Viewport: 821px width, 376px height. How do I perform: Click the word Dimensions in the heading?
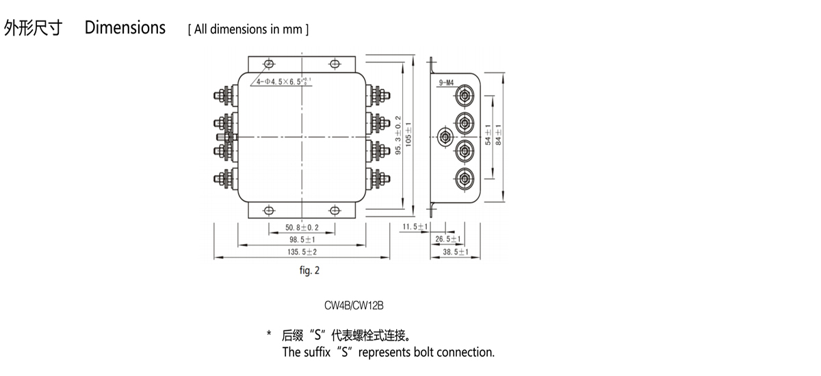(125, 28)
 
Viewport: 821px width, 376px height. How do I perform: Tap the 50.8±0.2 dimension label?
(302, 228)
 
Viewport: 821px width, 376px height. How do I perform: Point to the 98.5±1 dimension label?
(302, 240)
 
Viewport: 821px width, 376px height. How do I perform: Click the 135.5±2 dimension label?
(302, 252)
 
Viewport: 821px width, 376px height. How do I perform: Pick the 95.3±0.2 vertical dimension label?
(398, 134)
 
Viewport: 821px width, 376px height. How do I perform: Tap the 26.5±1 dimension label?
(448, 239)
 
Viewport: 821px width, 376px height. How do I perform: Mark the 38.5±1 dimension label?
(455, 252)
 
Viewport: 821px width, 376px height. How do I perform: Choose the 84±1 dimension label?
(499, 134)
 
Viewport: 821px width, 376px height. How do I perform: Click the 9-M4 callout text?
(446, 83)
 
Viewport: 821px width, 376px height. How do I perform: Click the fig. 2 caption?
(309, 271)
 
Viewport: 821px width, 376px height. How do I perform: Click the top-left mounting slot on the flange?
(268, 64)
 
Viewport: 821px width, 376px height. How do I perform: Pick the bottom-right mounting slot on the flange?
(335, 210)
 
